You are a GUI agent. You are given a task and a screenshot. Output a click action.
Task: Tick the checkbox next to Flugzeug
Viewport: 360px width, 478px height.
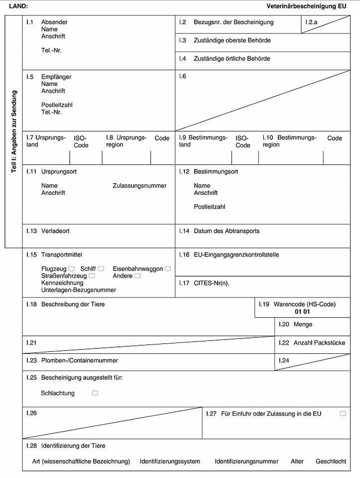point(72,269)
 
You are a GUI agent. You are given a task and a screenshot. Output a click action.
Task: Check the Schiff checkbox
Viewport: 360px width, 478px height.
point(101,269)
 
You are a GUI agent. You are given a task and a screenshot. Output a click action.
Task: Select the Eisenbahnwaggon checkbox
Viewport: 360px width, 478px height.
point(168,269)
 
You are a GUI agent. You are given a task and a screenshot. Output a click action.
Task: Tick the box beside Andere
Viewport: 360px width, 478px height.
point(137,276)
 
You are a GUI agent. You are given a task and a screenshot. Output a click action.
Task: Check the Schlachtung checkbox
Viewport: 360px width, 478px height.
point(95,393)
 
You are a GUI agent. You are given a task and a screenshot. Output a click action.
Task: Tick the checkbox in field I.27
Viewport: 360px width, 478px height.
point(343,414)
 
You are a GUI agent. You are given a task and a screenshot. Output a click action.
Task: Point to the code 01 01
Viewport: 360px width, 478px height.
point(302,312)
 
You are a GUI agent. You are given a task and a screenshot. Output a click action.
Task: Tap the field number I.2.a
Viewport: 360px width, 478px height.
point(312,22)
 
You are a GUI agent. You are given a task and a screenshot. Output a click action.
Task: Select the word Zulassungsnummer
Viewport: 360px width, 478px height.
point(139,185)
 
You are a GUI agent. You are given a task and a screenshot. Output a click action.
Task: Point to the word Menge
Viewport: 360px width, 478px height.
point(303,324)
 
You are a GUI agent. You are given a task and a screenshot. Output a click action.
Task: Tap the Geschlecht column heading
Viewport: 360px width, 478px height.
point(331,461)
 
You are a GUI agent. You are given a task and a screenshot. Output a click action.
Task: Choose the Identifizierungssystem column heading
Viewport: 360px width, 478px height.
point(170,461)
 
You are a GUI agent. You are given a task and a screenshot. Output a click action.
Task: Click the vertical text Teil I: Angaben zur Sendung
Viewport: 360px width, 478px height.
point(14,132)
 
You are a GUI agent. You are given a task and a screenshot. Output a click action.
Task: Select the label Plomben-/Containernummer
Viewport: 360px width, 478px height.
point(80,360)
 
